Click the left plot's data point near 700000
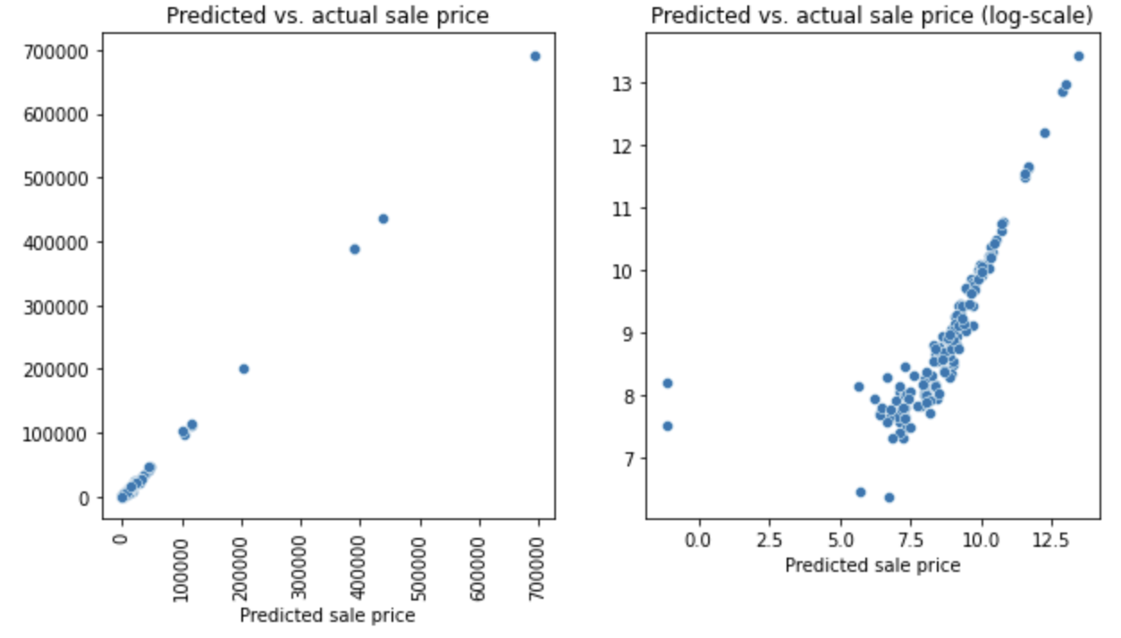(x=535, y=56)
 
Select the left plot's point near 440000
(x=383, y=219)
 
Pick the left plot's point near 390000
(x=355, y=249)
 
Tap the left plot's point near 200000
(x=243, y=369)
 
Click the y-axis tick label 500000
(x=66, y=179)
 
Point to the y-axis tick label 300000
(x=66, y=306)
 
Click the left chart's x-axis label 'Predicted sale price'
(x=328, y=615)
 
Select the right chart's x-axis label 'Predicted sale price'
(x=872, y=565)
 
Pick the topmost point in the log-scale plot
(x=1078, y=56)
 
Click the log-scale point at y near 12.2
(x=1044, y=133)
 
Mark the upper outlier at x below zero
(x=667, y=383)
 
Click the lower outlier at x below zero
(x=667, y=426)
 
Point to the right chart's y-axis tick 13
(x=624, y=83)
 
